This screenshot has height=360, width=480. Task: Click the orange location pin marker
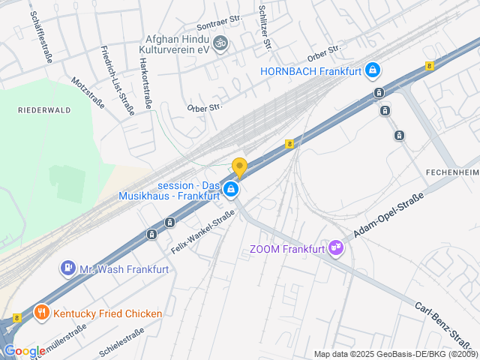click(x=239, y=168)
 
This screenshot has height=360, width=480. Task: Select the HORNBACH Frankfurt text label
click(x=310, y=71)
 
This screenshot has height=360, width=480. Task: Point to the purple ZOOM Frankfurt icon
click(x=337, y=248)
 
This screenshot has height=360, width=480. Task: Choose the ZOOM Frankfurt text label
click(x=287, y=249)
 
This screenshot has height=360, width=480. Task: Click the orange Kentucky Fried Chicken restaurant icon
click(x=41, y=313)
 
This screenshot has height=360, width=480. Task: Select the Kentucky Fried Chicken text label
click(x=107, y=313)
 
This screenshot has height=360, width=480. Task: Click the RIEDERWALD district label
click(x=44, y=109)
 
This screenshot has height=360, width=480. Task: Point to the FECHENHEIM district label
click(x=451, y=172)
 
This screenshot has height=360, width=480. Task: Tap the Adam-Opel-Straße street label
click(x=388, y=215)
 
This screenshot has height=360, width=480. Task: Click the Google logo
click(x=25, y=351)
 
